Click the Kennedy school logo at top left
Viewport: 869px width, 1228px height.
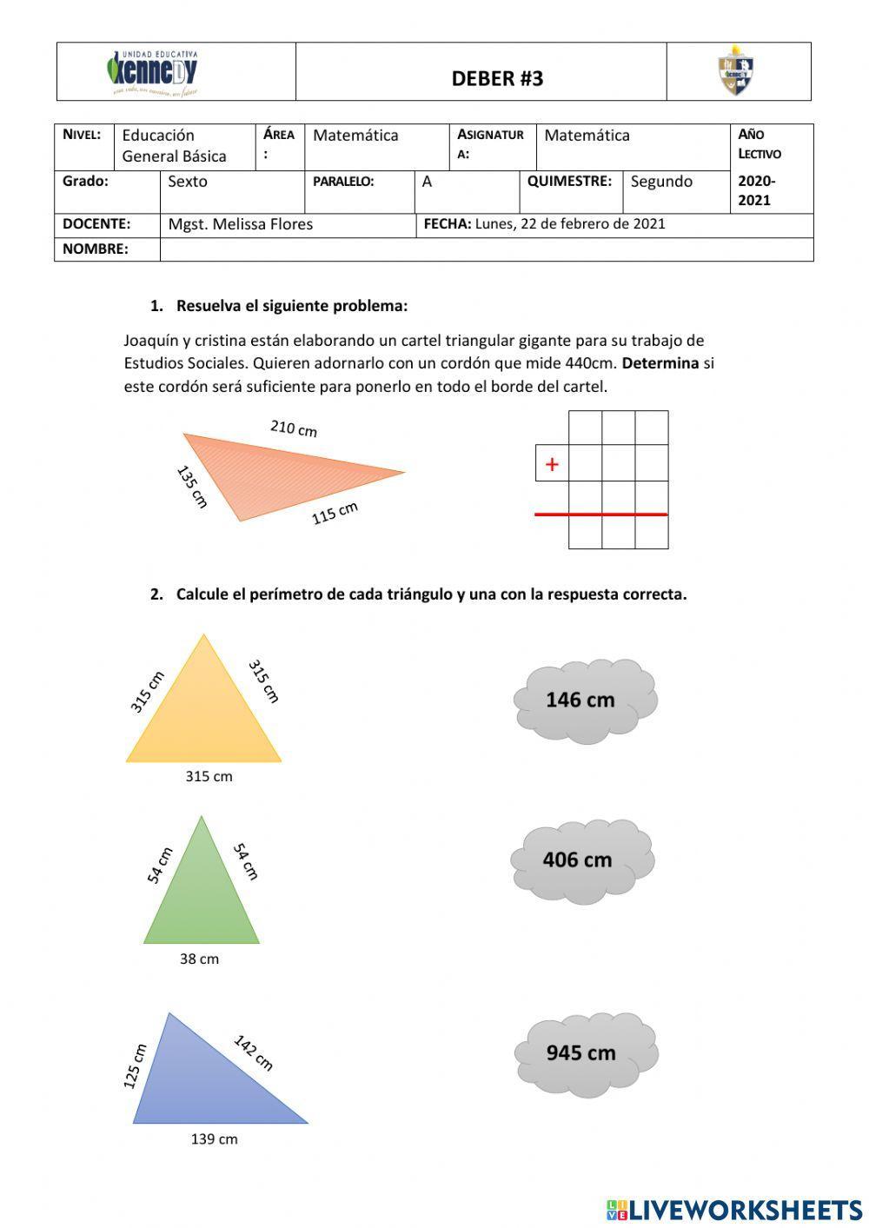coord(153,72)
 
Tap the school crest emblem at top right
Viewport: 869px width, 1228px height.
coord(735,71)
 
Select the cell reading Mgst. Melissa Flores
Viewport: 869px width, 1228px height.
coord(241,224)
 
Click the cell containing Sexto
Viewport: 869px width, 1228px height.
coord(188,182)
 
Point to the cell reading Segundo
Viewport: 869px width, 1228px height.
coord(661,182)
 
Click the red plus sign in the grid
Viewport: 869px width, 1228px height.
coord(552,465)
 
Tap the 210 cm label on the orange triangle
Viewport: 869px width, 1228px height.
coord(294,428)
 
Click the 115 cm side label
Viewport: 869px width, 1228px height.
coord(335,513)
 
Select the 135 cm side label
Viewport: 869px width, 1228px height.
coord(192,487)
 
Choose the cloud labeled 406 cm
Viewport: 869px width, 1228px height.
coord(581,860)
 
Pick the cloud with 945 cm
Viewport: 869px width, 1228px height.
coord(585,1053)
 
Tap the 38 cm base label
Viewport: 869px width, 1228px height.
coord(199,959)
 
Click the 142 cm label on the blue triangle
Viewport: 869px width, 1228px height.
coord(253,1052)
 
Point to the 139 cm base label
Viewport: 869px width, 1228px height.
coord(214,1139)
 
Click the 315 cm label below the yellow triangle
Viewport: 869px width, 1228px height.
coord(209,777)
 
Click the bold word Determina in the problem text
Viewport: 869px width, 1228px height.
coord(660,363)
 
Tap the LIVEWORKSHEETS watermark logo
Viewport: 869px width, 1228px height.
coord(733,1209)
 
